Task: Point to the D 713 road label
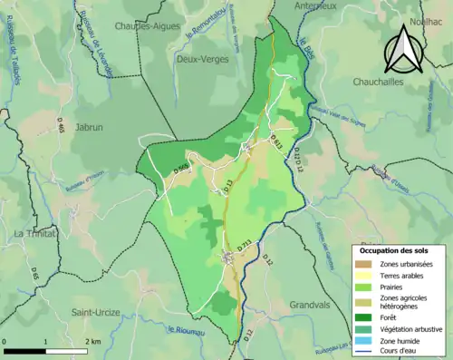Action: (x=245, y=244)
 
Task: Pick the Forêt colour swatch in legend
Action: (x=366, y=317)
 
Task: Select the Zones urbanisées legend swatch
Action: (x=366, y=263)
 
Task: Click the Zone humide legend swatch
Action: (x=366, y=342)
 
